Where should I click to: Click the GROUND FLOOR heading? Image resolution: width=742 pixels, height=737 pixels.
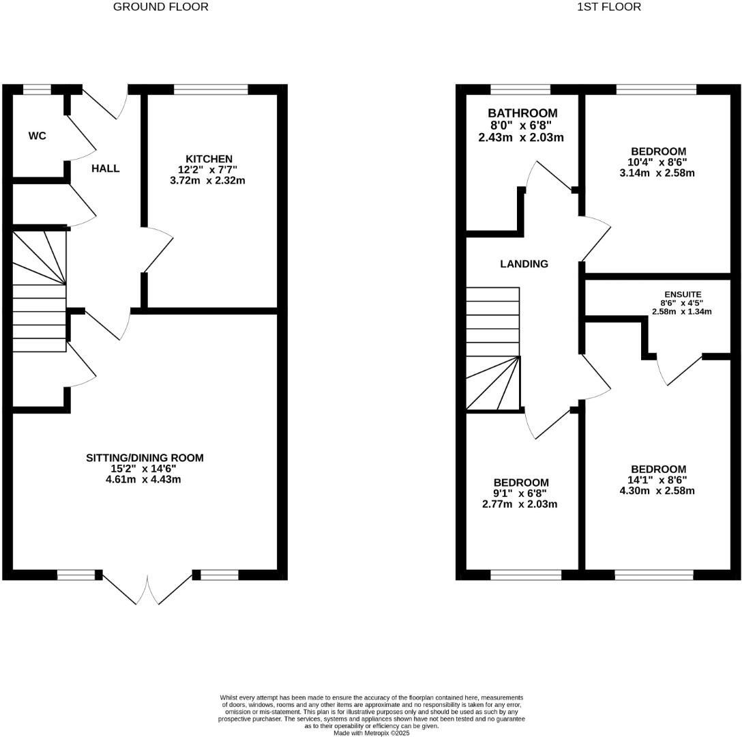point(160,7)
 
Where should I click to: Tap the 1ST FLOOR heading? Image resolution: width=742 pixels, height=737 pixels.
point(609,7)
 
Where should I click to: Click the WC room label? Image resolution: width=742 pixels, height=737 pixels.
point(38,136)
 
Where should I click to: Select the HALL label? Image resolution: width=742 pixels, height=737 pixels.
point(106,169)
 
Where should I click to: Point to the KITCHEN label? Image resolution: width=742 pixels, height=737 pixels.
point(209,159)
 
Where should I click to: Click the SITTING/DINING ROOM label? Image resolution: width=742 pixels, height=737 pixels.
point(145,457)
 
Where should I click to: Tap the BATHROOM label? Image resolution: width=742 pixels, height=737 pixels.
point(522,113)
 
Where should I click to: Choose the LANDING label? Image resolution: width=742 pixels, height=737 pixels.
point(524,264)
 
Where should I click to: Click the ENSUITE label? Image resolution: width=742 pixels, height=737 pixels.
point(683,295)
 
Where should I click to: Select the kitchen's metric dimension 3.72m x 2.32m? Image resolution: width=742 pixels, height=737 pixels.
point(208,180)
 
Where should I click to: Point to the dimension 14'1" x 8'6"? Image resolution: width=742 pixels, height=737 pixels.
point(656,480)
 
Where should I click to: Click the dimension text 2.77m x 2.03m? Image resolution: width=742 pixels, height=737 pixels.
point(520,504)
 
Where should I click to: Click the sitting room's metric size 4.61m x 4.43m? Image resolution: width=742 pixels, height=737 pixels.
point(143,479)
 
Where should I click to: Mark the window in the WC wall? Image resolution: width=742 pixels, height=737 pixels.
point(38,89)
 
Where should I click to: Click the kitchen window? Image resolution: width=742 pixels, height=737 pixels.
point(211,89)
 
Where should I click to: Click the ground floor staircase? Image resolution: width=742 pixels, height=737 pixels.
point(40,291)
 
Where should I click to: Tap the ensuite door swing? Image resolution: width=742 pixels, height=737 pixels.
point(679,369)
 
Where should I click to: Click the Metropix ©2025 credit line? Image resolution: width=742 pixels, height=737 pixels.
point(372,733)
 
